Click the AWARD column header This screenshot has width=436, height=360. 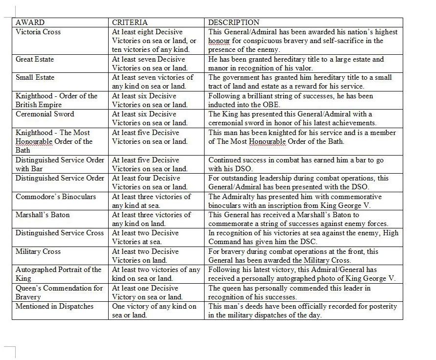pyautogui.click(x=30, y=22)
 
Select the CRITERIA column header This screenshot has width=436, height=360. pyautogui.click(x=130, y=22)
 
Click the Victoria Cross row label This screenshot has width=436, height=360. pyautogui.click(x=38, y=32)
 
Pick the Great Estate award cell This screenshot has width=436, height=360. pyautogui.click(x=35, y=59)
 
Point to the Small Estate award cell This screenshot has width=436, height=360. pyautogui.click(x=35, y=77)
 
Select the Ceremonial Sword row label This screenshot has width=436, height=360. pyautogui.click(x=45, y=114)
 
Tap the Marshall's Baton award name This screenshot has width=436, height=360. pyautogui.click(x=43, y=215)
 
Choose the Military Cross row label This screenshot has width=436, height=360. pyautogui.click(x=38, y=251)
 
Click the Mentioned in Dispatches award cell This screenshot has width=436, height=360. pyautogui.click(x=54, y=306)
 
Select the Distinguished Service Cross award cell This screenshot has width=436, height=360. pyautogui.click(x=59, y=233)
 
